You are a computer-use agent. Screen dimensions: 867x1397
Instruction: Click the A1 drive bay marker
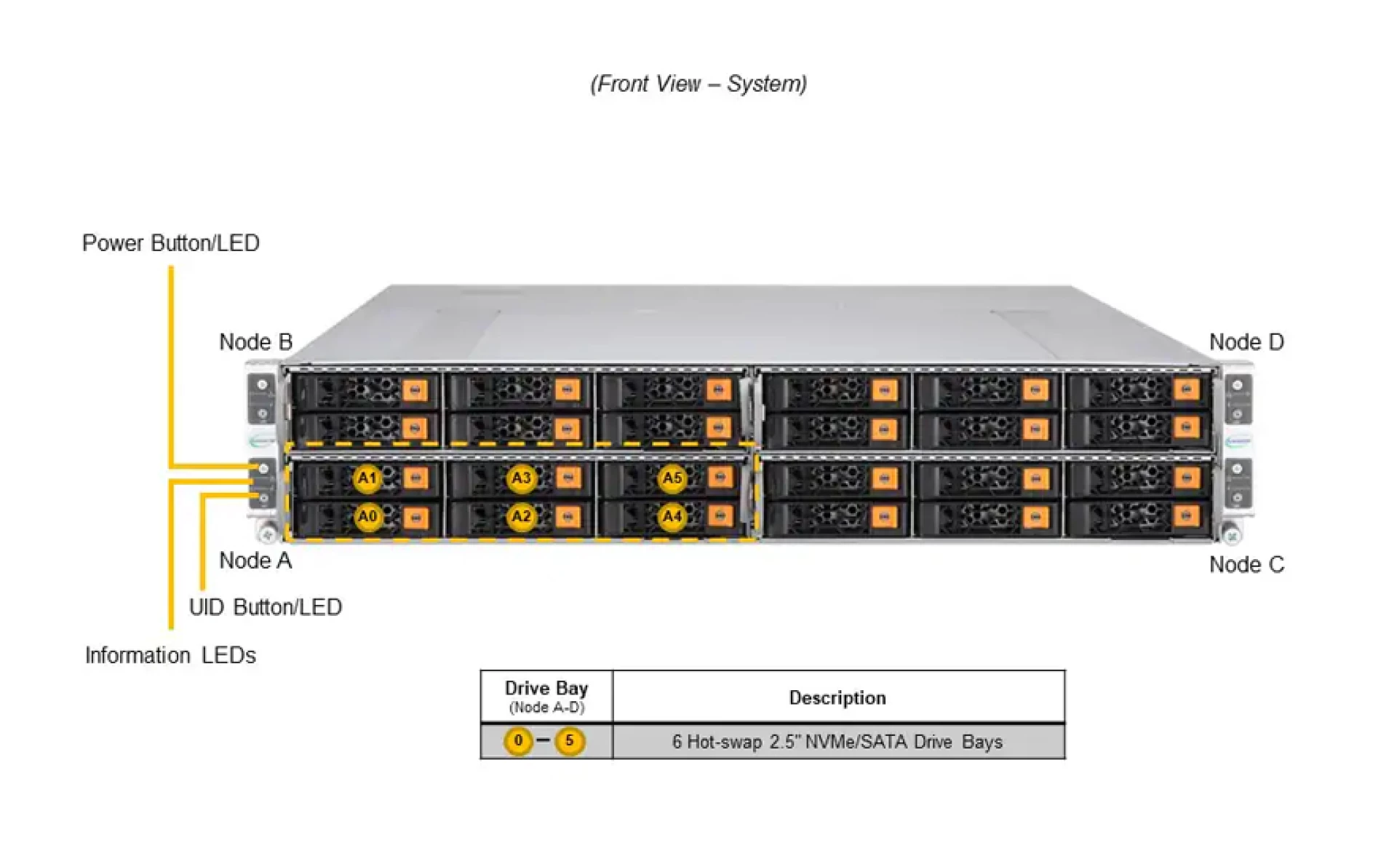[367, 478]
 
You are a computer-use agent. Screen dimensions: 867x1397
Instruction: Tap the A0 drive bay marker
[367, 517]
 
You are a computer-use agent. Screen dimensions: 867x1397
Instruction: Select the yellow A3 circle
[521, 478]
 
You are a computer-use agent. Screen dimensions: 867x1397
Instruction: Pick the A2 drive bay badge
[521, 517]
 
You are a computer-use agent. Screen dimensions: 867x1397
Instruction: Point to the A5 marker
[672, 478]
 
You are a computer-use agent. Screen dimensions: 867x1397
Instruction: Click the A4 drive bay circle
[672, 517]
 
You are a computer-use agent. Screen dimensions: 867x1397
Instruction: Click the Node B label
[255, 342]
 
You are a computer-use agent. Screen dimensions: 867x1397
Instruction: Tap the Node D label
[1246, 342]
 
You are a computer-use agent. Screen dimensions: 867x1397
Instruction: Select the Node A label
[255, 561]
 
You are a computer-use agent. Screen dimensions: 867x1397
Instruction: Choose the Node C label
[1246, 564]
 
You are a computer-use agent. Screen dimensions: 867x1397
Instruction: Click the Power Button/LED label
[170, 243]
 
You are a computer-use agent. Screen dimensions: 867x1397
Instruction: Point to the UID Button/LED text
[265, 607]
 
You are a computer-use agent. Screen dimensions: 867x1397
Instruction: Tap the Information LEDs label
[170, 655]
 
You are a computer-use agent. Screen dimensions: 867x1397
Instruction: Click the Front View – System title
[698, 84]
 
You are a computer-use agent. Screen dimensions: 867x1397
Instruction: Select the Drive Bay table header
[546, 696]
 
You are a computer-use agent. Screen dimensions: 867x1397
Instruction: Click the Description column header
[837, 697]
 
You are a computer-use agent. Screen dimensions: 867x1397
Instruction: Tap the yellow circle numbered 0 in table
[518, 741]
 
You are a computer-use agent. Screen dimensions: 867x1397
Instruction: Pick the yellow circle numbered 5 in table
[570, 741]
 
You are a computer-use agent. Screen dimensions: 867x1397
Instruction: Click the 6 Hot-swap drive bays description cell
[837, 742]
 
